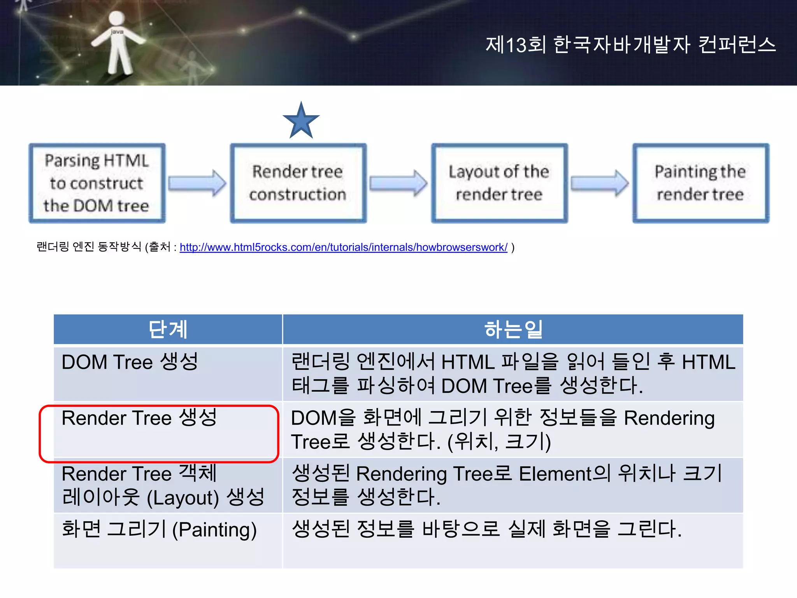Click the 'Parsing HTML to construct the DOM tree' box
tap(97, 183)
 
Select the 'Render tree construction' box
tap(298, 183)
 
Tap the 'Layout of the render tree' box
tap(499, 183)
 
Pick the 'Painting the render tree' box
tap(700, 183)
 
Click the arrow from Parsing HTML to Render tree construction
tap(197, 183)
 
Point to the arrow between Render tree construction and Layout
tap(398, 183)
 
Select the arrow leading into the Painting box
tap(599, 183)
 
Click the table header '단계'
tap(168, 329)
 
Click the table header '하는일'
tap(513, 329)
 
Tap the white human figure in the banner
tap(116, 43)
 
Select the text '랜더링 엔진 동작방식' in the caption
tap(89, 247)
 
